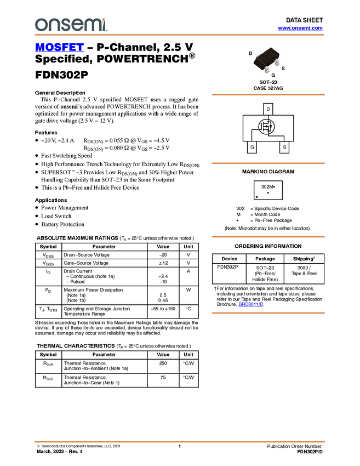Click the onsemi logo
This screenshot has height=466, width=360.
[71, 25]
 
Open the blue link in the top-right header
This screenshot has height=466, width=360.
[300, 28]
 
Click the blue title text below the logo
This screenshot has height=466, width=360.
[59, 48]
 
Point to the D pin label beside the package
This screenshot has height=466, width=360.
[250, 53]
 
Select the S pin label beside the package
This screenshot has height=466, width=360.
[283, 68]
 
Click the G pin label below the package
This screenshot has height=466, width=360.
[273, 75]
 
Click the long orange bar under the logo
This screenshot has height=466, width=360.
[179, 35]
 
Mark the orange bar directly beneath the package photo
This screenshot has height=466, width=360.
[268, 95]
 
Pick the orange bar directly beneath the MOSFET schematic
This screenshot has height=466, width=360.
[268, 163]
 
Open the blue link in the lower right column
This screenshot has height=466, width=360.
[251, 304]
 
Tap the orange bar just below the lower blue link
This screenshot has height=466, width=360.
[268, 313]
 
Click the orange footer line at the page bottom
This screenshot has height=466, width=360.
[179, 441]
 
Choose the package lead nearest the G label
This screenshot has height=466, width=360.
[266, 71]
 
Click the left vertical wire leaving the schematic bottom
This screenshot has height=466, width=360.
[252, 136]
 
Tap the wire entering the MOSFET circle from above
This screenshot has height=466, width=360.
[268, 118]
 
